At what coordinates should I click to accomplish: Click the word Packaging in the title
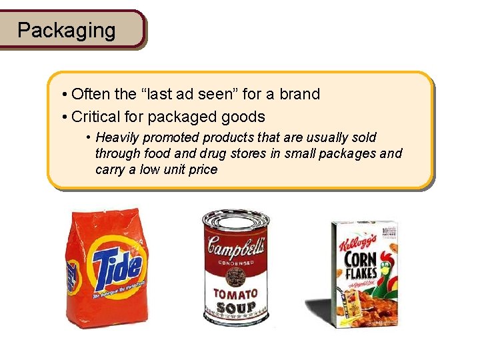66,30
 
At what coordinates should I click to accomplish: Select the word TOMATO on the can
235,293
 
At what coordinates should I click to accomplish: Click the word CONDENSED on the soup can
237,263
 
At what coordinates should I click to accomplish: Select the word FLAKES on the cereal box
361,272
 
